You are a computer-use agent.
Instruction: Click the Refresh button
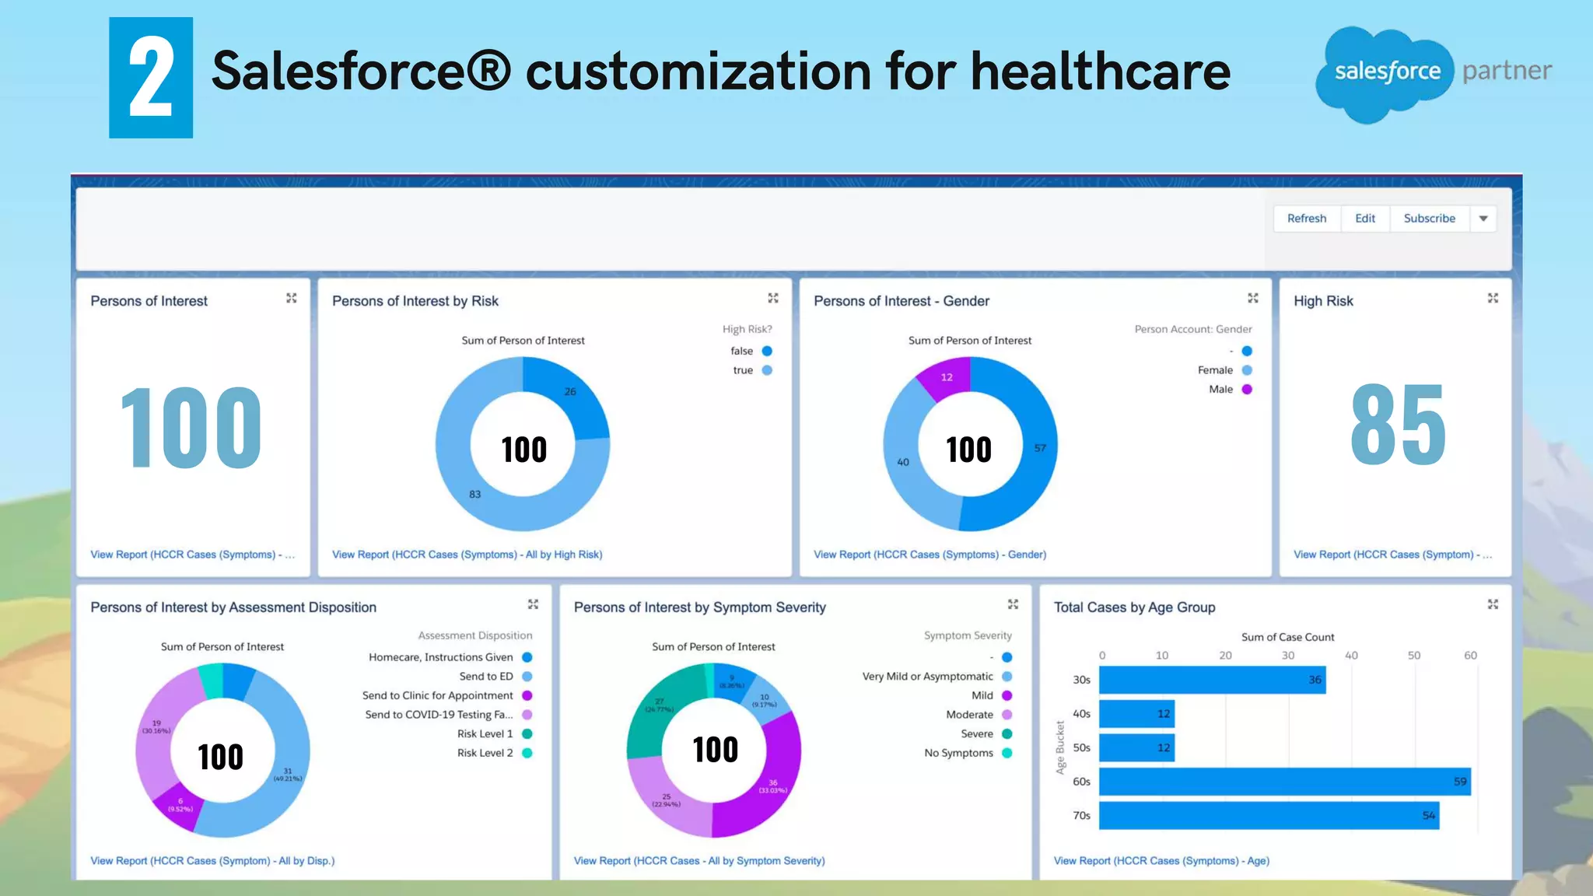(x=1307, y=219)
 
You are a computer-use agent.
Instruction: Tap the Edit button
(x=1364, y=219)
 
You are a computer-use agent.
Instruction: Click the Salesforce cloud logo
(x=1385, y=72)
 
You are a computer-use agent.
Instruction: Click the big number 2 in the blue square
(x=151, y=78)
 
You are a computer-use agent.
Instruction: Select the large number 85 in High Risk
(x=1398, y=425)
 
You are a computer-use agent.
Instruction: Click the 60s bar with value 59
(x=1283, y=782)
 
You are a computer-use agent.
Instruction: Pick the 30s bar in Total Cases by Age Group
(x=1212, y=680)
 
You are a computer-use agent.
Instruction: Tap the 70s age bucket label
(x=1081, y=816)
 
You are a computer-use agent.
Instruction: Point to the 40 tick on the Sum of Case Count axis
(x=1351, y=656)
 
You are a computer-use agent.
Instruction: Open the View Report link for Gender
(x=930, y=555)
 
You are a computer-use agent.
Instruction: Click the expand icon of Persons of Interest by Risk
(x=773, y=298)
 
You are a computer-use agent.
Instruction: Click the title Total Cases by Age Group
(x=1134, y=607)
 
